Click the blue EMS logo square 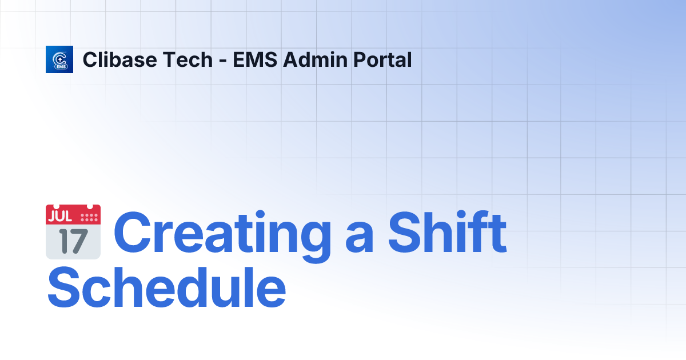pyautogui.click(x=59, y=59)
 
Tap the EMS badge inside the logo pyautogui.click(x=60, y=66)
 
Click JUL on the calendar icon pyautogui.click(x=61, y=217)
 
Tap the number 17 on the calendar pyautogui.click(x=73, y=242)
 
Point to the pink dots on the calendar pyautogui.click(x=90, y=217)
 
